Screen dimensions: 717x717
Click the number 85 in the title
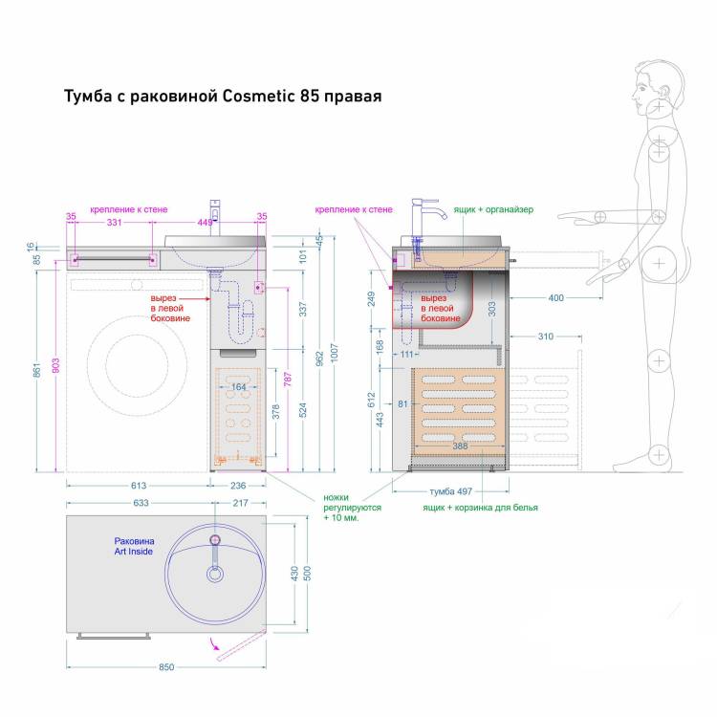(310, 96)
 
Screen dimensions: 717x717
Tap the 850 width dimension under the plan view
(166, 666)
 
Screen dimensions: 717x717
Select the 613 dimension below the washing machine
(139, 485)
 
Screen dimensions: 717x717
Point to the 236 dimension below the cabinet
(238, 485)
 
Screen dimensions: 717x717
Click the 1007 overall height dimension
(335, 353)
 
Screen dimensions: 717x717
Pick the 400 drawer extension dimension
(555, 298)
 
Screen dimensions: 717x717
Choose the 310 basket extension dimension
(546, 337)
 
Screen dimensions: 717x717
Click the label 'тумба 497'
(451, 491)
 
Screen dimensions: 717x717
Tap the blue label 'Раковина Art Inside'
(134, 546)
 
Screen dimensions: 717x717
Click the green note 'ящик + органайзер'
(493, 210)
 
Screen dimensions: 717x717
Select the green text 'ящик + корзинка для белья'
(480, 508)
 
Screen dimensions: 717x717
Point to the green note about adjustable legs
(352, 508)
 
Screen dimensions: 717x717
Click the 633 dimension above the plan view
(141, 503)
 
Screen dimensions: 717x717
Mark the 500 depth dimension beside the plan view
(307, 573)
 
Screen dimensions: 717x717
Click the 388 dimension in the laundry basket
(460, 445)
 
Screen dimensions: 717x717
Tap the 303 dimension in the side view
(492, 309)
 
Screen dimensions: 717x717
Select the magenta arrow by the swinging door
(215, 643)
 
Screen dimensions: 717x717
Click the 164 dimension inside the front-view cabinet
(238, 387)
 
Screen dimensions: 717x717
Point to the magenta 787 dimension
(288, 380)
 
